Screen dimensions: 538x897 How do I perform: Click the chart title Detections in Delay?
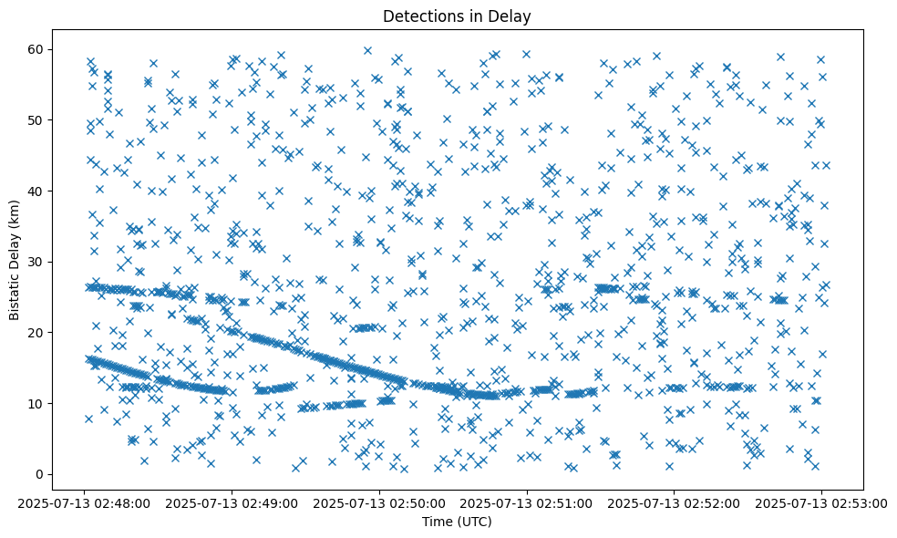click(457, 16)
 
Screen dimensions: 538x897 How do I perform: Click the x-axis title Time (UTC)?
click(457, 522)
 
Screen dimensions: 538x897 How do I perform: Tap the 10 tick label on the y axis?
click(34, 403)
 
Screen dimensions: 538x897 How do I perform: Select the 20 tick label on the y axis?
click(34, 333)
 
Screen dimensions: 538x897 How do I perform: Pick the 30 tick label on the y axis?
click(34, 262)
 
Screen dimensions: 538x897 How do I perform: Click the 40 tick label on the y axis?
click(34, 191)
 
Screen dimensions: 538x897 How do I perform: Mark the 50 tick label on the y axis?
click(34, 119)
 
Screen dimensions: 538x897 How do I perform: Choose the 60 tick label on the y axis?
click(34, 49)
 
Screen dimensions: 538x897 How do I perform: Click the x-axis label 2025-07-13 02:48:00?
click(84, 502)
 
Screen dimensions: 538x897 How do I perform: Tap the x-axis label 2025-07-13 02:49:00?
click(232, 502)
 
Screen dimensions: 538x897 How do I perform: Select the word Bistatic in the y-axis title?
click(15, 294)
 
